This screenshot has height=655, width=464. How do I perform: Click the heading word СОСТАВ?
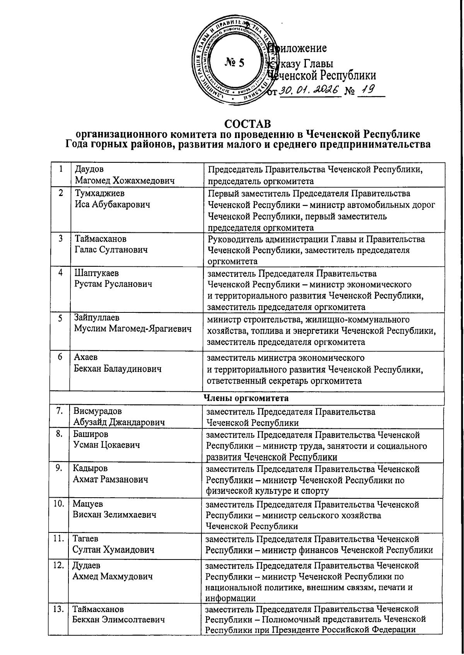click(248, 124)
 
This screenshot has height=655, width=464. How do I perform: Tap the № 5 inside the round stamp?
click(234, 63)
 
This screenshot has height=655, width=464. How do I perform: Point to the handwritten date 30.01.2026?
click(309, 91)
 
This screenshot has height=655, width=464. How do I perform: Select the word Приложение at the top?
click(298, 48)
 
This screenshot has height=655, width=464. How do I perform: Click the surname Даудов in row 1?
click(89, 169)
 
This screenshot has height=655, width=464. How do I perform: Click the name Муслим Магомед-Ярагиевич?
click(133, 329)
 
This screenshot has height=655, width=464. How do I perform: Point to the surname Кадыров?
click(90, 469)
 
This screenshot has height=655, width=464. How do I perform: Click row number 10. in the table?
click(58, 504)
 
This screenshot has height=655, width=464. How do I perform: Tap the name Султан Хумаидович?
click(114, 549)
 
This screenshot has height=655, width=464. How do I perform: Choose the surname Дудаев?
click(87, 565)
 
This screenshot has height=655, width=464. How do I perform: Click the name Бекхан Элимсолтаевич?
click(118, 619)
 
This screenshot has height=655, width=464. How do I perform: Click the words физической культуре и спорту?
click(267, 491)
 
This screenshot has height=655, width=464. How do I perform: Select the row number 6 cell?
click(60, 357)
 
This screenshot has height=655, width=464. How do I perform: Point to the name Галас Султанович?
click(111, 250)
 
